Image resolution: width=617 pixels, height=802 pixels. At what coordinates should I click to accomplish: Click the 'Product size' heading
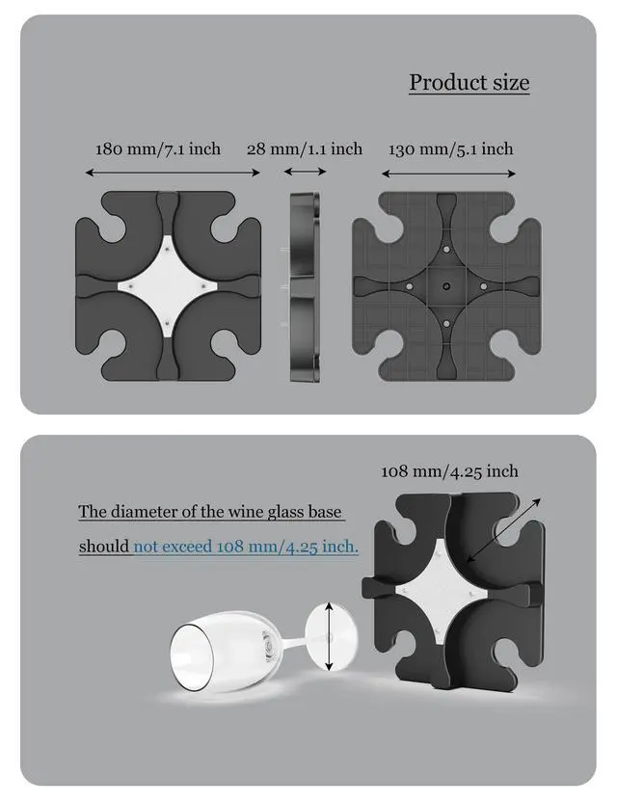[469, 82]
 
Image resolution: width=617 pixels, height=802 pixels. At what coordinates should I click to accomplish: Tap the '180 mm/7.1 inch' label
[158, 148]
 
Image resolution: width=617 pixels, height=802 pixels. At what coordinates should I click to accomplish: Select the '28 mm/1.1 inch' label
[305, 148]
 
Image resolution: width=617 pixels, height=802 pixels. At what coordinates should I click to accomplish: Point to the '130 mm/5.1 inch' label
[451, 148]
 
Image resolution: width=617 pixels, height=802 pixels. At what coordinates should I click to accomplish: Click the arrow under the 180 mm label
[173, 173]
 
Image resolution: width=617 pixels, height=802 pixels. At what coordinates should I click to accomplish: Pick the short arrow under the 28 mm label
[305, 172]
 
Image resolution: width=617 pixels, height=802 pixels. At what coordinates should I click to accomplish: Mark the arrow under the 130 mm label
[448, 174]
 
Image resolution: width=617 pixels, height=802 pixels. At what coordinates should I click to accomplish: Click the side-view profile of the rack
[305, 286]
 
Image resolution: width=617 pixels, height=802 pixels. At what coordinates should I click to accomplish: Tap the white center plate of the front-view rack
[169, 286]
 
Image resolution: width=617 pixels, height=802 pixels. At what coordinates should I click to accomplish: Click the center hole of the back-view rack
[446, 286]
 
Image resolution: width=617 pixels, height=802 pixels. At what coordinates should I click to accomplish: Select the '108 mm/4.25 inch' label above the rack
[449, 471]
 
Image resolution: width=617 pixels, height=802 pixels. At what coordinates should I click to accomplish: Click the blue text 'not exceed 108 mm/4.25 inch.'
[246, 547]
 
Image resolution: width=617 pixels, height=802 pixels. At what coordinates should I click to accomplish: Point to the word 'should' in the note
[104, 547]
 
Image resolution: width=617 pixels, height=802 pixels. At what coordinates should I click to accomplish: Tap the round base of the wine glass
[331, 636]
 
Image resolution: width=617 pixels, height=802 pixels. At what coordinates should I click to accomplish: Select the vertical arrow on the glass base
[330, 637]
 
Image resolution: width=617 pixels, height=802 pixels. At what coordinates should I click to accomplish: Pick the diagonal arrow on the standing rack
[503, 530]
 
